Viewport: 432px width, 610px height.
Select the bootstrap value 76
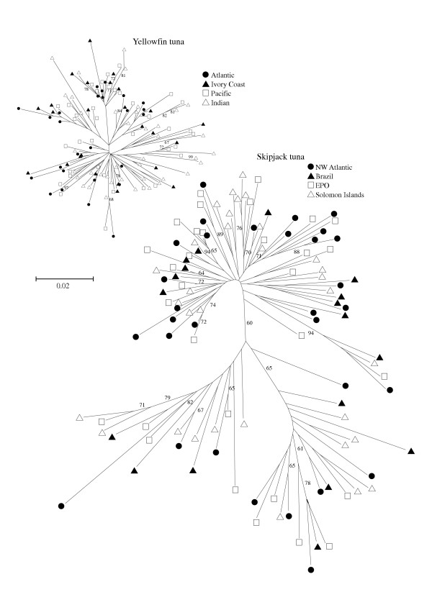240,229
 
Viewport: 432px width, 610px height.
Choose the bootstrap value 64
202,274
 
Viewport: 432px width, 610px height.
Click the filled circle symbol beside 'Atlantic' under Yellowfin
206,75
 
